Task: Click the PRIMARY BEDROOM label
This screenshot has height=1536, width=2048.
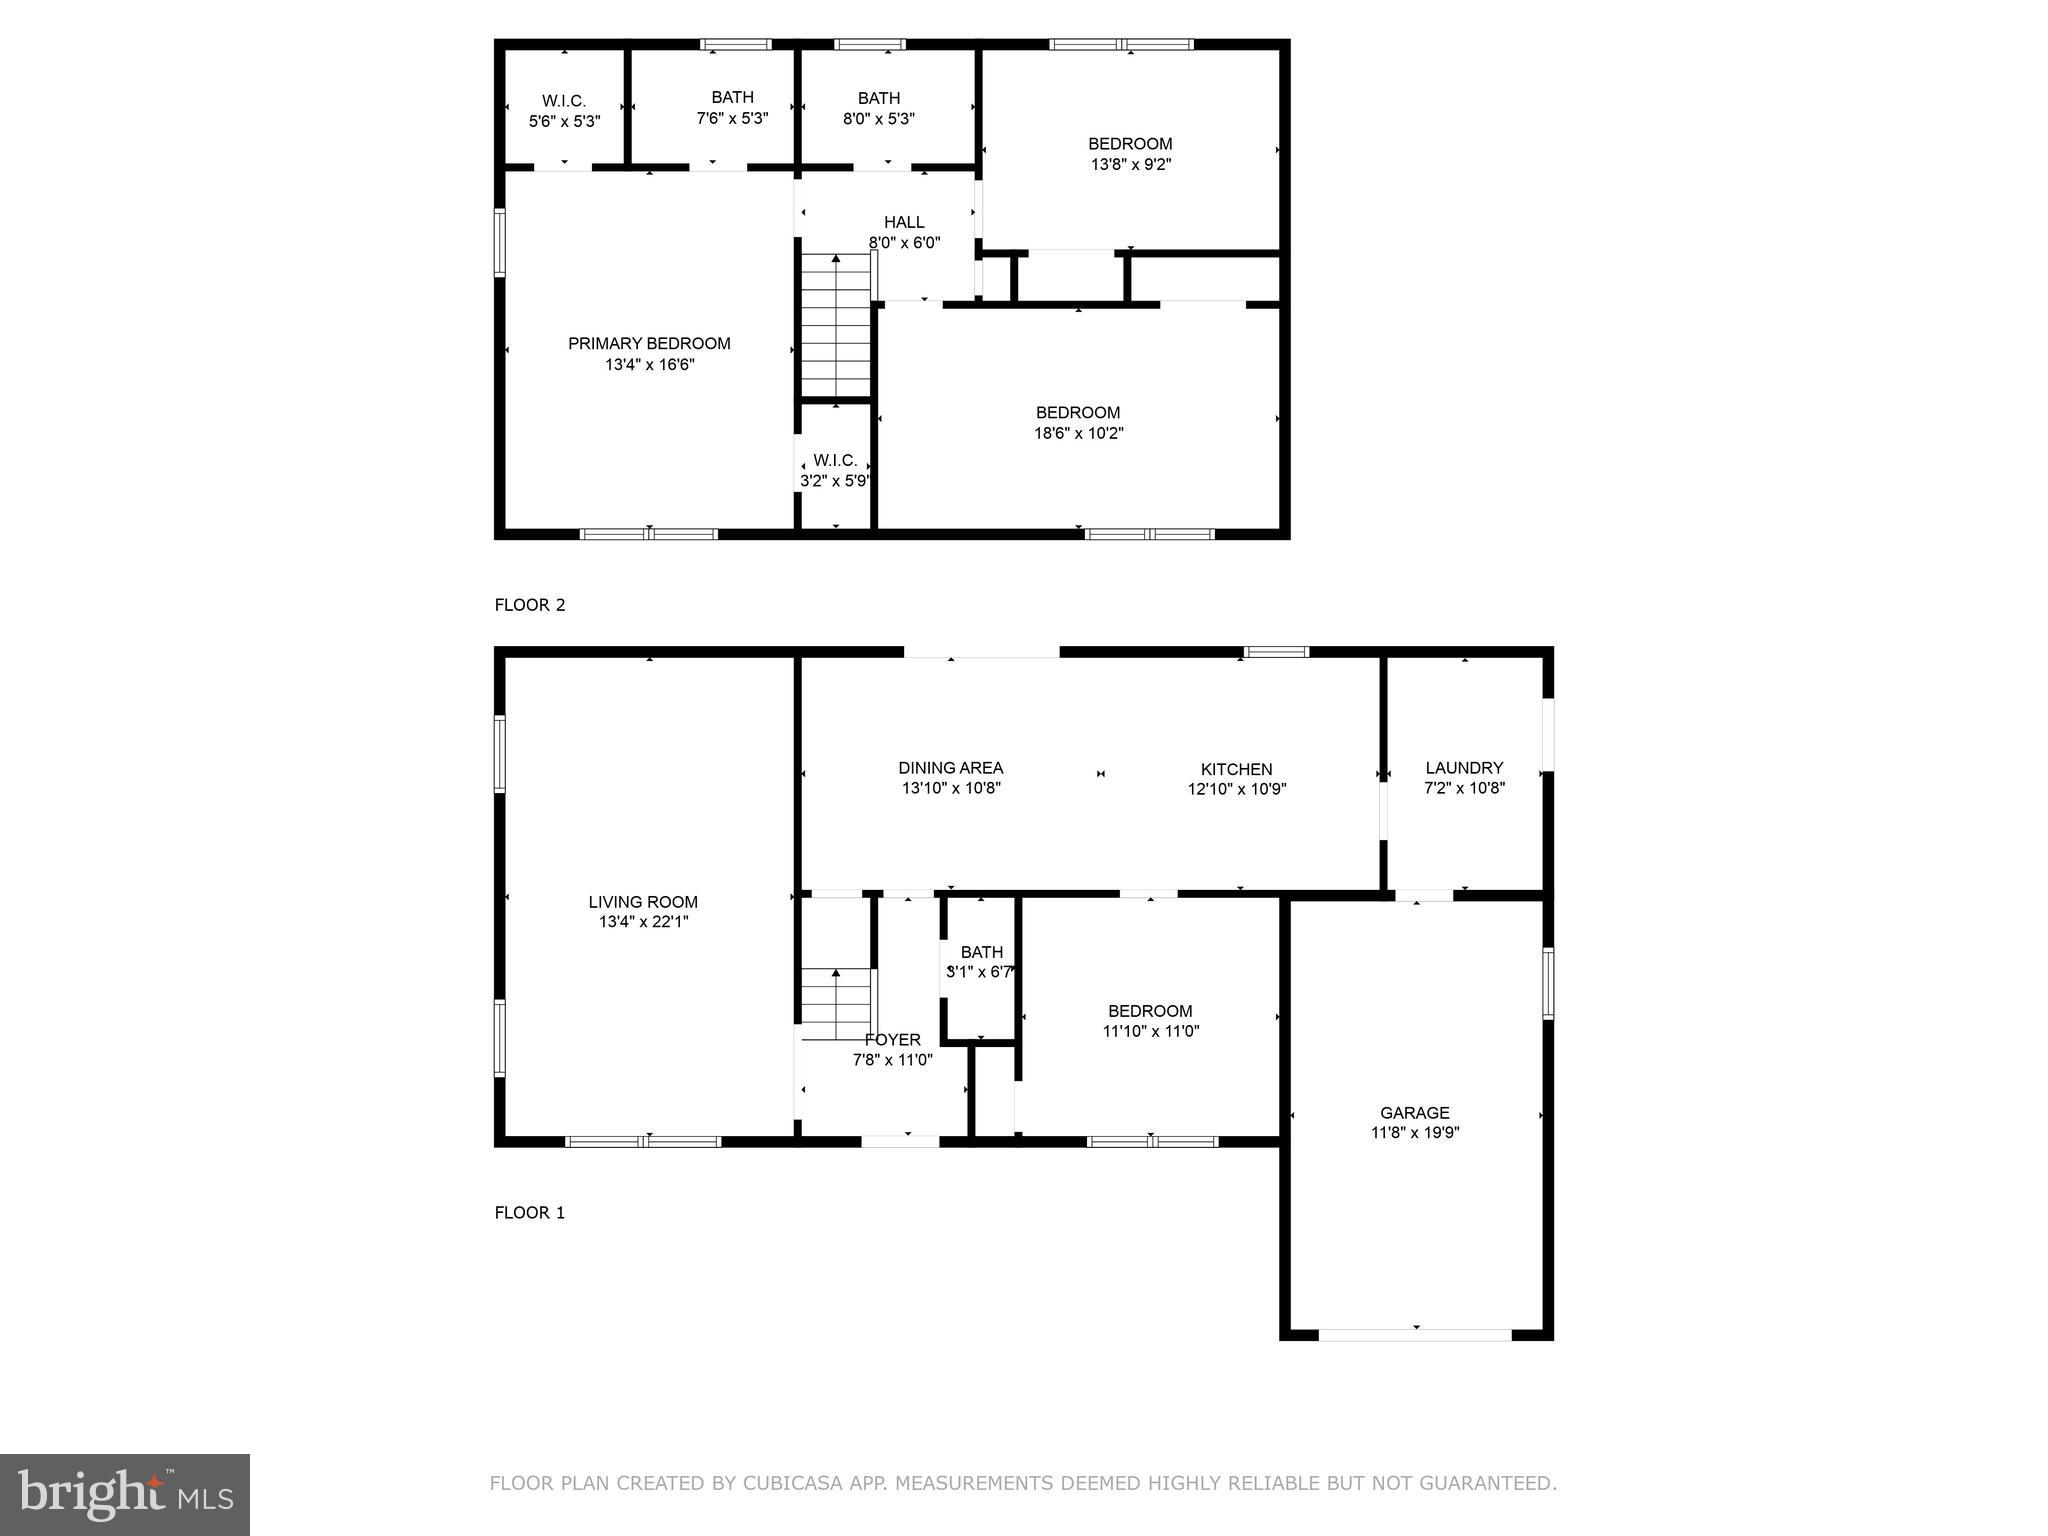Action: (649, 344)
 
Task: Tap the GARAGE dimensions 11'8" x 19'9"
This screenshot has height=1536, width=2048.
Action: (1414, 1133)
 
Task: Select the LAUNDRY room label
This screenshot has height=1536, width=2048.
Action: (1464, 768)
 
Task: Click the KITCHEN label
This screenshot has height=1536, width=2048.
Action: (1236, 769)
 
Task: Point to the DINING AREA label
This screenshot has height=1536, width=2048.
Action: (950, 768)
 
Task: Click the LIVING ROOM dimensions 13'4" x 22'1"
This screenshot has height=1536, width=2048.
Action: (643, 922)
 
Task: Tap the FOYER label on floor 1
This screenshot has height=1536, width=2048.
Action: (892, 1040)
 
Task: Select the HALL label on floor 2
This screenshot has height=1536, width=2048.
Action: (904, 222)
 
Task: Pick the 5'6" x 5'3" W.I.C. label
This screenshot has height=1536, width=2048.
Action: (564, 101)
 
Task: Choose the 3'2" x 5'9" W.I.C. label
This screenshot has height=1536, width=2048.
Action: (835, 460)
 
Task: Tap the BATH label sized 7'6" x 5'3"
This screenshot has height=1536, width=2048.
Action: (732, 97)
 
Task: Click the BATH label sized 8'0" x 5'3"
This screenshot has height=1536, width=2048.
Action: (878, 98)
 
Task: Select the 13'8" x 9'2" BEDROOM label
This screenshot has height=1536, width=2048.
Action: (1130, 144)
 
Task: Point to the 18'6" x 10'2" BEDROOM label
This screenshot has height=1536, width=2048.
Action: (1078, 412)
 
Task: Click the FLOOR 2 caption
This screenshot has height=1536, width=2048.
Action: (530, 605)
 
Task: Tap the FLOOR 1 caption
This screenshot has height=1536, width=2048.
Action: (530, 1213)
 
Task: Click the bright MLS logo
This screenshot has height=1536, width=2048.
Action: (125, 1495)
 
